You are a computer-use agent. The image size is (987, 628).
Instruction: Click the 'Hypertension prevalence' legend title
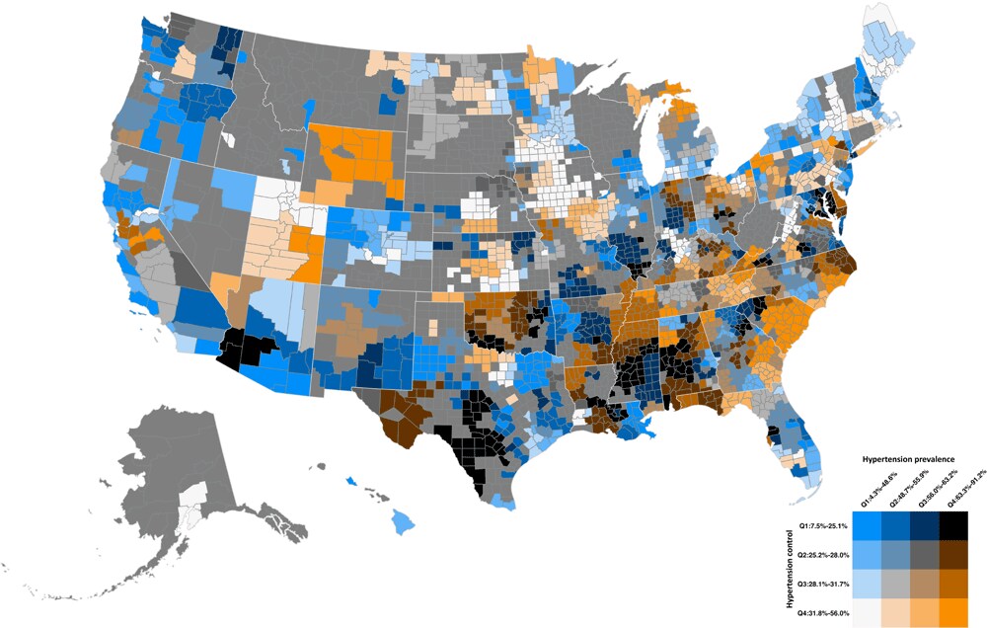point(914,460)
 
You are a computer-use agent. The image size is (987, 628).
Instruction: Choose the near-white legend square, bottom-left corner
point(869,612)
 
